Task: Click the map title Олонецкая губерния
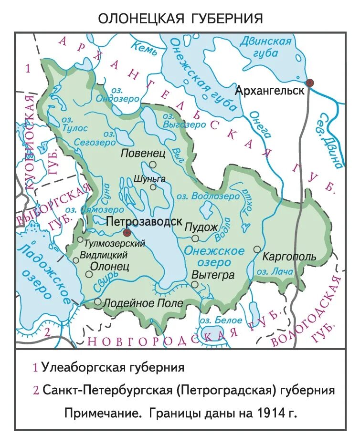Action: [x=180, y=19]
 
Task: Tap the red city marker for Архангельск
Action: [x=310, y=83]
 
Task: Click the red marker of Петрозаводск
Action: [x=127, y=232]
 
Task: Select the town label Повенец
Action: [x=143, y=153]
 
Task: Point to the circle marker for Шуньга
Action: [x=153, y=187]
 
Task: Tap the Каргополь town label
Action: [x=289, y=257]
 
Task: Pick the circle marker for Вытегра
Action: [x=195, y=284]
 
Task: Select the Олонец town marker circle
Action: [x=89, y=274]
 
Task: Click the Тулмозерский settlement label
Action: [x=114, y=243]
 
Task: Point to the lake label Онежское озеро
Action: [x=215, y=257]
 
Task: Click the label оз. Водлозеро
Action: [x=208, y=196]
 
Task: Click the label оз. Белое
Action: [x=217, y=320]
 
